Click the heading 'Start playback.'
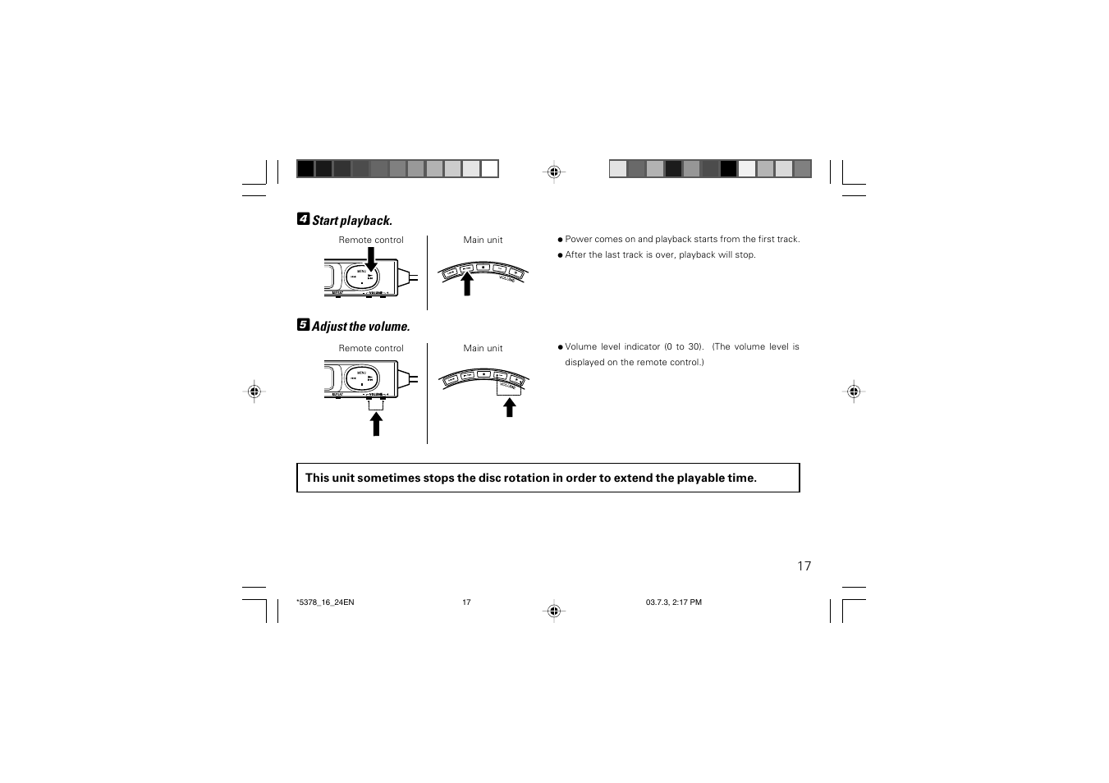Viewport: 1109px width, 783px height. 352,221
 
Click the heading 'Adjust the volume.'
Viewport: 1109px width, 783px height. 360,327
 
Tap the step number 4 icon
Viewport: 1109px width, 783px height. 303,219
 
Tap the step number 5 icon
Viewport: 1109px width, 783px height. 303,325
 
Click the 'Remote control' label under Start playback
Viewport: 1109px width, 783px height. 371,240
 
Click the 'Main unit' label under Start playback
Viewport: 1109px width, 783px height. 483,240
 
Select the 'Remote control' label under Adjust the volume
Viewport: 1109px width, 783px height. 371,349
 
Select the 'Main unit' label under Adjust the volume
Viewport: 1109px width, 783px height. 483,349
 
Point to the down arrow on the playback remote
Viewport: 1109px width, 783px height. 371,259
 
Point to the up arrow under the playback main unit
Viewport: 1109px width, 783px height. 467,283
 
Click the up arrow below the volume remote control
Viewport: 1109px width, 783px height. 376,424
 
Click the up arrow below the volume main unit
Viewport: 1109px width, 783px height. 510,407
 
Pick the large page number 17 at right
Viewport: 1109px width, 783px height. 804,566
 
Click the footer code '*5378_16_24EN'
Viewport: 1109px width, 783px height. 325,602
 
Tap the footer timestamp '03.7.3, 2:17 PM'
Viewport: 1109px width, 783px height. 673,602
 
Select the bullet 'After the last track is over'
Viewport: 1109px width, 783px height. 660,255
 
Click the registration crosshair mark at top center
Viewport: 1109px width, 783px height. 554,172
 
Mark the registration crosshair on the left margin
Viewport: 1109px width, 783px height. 254,391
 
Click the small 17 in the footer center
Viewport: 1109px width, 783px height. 466,602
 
